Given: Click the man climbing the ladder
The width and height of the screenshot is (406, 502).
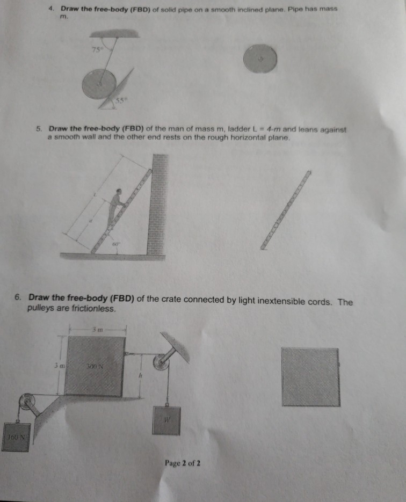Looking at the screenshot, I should tap(117, 207).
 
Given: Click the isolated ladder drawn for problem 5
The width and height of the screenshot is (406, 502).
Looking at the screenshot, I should tap(286, 209).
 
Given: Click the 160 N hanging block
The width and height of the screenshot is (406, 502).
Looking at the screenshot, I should tap(15, 438).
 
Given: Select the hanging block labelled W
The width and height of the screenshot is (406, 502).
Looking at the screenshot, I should tap(168, 420).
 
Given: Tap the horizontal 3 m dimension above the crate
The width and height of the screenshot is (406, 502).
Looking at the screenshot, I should tap(97, 329).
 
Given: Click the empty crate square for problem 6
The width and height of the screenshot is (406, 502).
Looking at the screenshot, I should tap(310, 376).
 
